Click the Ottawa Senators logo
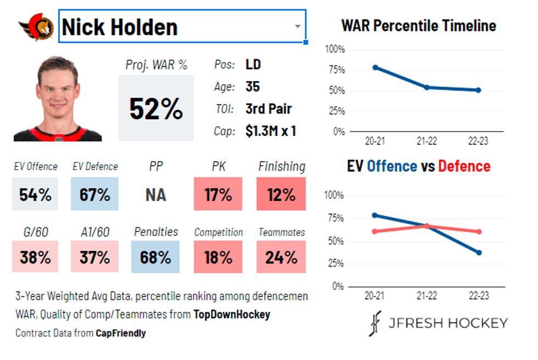[36, 26]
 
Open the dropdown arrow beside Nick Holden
[297, 26]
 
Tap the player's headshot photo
[58, 99]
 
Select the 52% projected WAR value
[156, 108]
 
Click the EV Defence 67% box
[95, 194]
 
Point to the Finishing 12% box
[282, 194]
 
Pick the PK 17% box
[218, 194]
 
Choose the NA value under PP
[156, 195]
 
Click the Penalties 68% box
[156, 257]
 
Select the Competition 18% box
[218, 257]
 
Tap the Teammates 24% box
[282, 257]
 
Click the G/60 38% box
[35, 257]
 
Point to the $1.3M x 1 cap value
[271, 131]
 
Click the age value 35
[253, 87]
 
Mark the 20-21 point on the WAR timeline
[376, 67]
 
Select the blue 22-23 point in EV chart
[479, 252]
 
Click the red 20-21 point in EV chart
[376, 231]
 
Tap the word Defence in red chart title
[464, 166]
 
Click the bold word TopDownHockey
[231, 314]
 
